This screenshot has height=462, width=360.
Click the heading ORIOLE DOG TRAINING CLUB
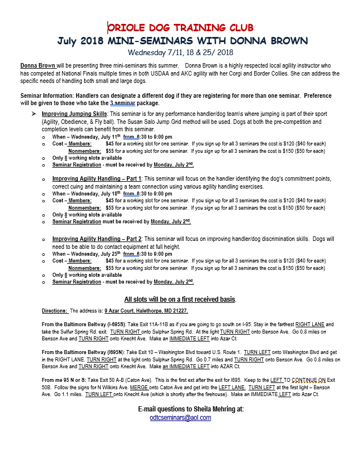(180, 27)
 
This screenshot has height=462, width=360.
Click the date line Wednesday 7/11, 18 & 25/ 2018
(181, 52)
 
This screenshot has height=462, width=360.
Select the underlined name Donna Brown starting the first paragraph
(38, 66)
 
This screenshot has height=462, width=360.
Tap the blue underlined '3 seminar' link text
(123, 104)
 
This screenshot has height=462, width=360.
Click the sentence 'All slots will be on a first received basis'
(180, 299)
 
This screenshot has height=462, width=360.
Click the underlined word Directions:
(55, 311)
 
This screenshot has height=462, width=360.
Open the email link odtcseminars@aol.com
(180, 418)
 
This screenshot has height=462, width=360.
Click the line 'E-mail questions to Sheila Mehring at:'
(191, 409)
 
